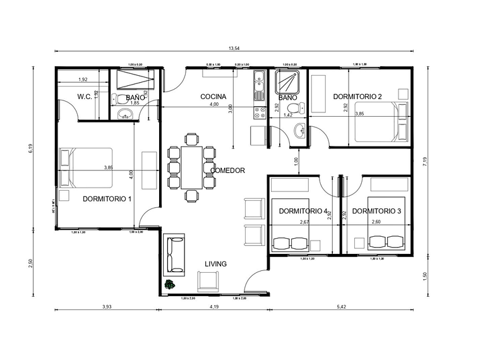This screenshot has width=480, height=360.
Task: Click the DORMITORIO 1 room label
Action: [107, 198]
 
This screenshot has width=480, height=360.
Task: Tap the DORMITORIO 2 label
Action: [357, 97]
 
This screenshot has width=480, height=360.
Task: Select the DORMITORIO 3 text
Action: [376, 210]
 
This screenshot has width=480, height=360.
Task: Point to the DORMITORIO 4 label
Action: [303, 210]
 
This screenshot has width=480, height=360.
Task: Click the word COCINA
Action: [213, 97]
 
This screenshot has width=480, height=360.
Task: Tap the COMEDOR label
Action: [227, 171]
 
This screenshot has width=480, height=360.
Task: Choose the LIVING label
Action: [215, 264]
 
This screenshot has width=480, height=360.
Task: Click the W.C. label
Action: [85, 97]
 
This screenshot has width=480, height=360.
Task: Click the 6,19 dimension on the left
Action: [30, 149]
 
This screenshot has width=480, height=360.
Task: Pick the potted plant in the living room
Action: [169, 285]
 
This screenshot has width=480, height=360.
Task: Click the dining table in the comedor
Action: [191, 167]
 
